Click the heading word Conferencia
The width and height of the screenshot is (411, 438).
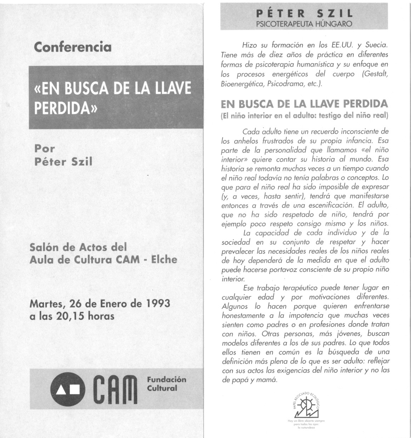coord(73,47)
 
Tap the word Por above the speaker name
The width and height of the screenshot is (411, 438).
coord(45,148)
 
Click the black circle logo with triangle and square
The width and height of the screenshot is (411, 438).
coord(68,389)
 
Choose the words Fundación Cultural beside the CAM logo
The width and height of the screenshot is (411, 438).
coord(166,384)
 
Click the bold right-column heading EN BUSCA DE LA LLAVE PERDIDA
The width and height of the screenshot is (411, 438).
coord(304,104)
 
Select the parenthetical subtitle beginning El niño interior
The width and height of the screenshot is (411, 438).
coord(304,116)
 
